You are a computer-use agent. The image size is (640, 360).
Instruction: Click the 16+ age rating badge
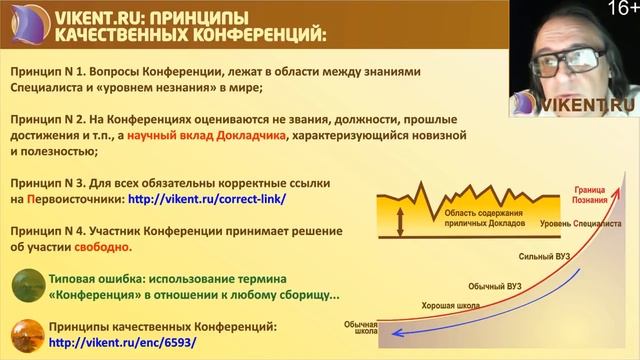click(620, 11)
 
